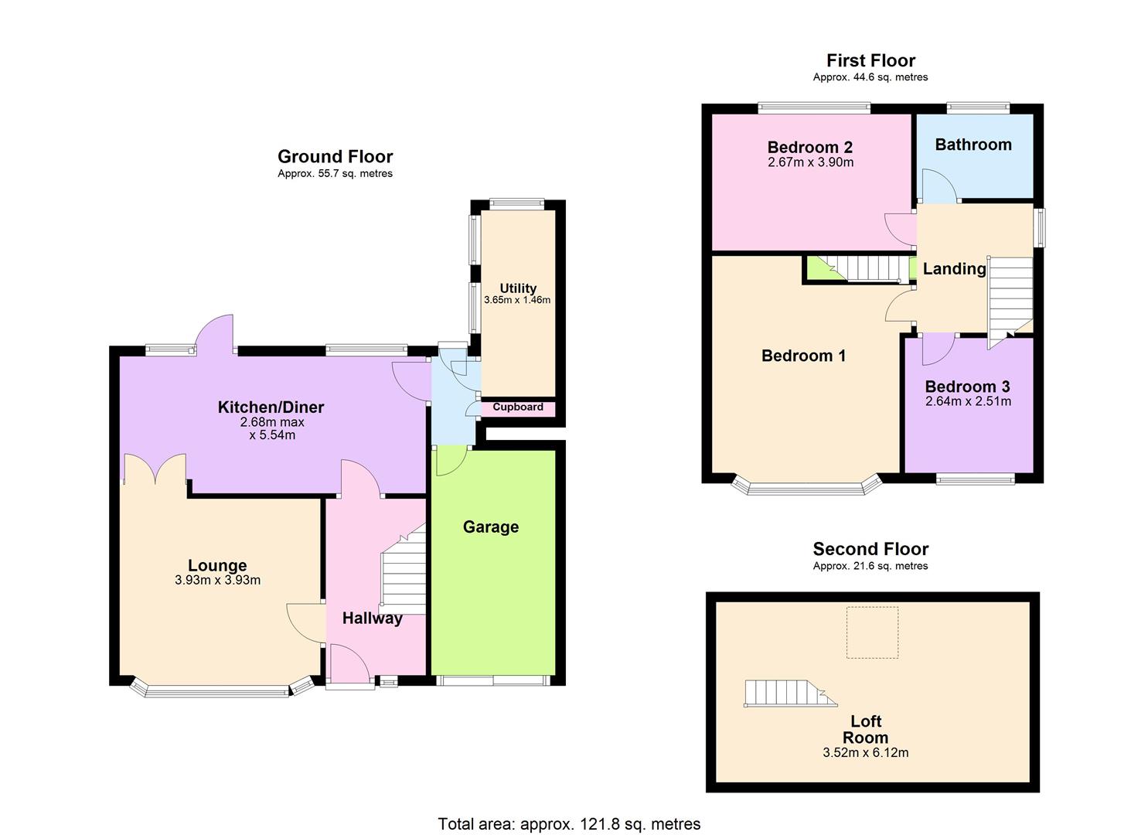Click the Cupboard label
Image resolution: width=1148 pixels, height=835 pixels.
click(518, 407)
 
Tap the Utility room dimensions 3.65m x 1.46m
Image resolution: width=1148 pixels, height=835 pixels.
click(517, 300)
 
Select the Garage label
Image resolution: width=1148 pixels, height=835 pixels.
click(491, 527)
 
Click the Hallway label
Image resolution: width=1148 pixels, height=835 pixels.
click(373, 619)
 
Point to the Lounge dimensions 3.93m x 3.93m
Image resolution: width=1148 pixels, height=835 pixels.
click(217, 581)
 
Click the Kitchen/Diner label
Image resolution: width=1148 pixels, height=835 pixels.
click(271, 407)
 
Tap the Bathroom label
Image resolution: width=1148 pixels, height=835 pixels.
click(973, 145)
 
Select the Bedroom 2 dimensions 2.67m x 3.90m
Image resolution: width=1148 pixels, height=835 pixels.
click(810, 163)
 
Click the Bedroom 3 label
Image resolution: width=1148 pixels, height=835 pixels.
click(967, 387)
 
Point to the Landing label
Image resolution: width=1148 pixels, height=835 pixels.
click(954, 269)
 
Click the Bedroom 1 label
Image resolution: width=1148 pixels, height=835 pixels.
click(803, 356)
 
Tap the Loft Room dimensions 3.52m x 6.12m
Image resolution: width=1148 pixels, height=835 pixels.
click(865, 752)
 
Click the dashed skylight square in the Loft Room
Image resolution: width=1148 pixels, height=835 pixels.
click(872, 632)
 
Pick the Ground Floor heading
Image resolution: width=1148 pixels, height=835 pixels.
click(335, 157)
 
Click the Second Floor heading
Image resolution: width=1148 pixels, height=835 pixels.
click(870, 549)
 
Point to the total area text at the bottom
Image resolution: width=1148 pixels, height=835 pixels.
click(569, 824)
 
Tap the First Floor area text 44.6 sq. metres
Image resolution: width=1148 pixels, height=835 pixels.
click(870, 77)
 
